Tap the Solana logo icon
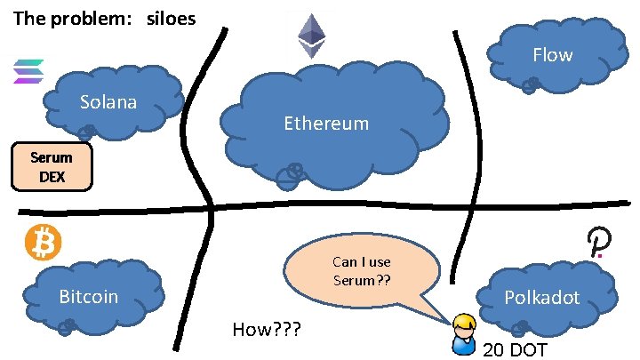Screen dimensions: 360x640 (x=28, y=71)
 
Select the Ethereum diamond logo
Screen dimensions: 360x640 (x=311, y=36)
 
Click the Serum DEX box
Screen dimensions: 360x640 (x=51, y=167)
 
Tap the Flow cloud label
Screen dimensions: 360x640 (x=552, y=55)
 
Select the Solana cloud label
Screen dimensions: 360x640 (x=108, y=101)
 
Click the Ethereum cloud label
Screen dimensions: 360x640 (x=326, y=124)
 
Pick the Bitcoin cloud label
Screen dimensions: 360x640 (x=88, y=296)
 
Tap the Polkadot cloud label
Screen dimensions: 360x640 (x=542, y=297)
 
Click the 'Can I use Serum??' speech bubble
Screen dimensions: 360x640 (x=362, y=272)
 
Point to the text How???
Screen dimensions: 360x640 (x=266, y=331)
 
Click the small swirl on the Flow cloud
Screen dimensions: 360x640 (x=530, y=85)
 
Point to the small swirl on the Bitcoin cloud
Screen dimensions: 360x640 (x=65, y=327)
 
